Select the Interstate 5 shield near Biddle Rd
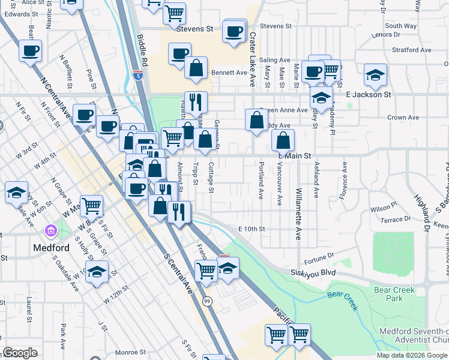[x=139, y=75]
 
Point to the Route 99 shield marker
[x=206, y=300]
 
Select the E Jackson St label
[x=369, y=95]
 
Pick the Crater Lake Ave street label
[x=253, y=60]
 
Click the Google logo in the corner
[x=20, y=353]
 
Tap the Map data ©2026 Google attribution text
[x=412, y=355]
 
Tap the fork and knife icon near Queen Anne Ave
[x=195, y=102]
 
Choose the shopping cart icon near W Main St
[x=92, y=206]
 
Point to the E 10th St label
[x=251, y=229]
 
